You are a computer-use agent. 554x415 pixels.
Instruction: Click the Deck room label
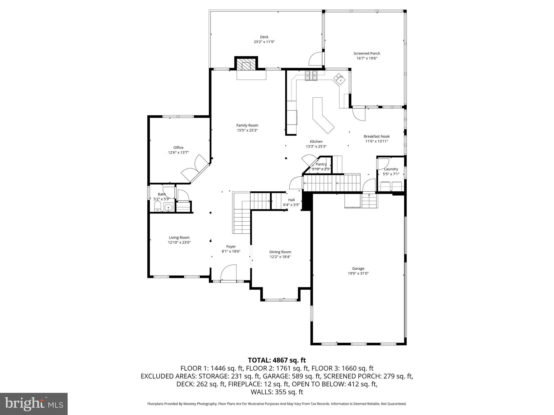[264, 37]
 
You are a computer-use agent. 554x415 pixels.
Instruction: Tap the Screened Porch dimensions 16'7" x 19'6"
[367, 58]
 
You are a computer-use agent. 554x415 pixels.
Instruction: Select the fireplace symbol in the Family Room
[246, 65]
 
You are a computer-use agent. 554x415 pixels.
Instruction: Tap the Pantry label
[321, 164]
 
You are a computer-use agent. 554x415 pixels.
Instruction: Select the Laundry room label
[391, 169]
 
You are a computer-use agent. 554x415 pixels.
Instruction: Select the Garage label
[358, 269]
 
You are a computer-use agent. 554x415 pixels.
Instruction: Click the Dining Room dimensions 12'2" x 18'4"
[280, 257]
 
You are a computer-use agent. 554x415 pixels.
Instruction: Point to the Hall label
[291, 200]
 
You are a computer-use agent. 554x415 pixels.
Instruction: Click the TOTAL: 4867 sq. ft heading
[277, 360]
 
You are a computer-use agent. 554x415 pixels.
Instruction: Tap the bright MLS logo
[34, 404]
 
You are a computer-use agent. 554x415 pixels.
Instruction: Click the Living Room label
[179, 238]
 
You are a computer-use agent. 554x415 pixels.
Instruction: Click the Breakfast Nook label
[377, 136]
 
